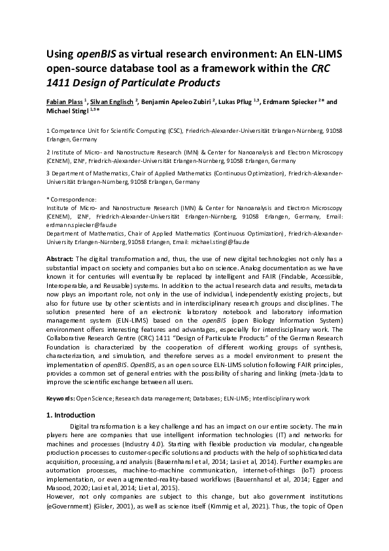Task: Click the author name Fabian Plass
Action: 64,102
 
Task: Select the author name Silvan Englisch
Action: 110,102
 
